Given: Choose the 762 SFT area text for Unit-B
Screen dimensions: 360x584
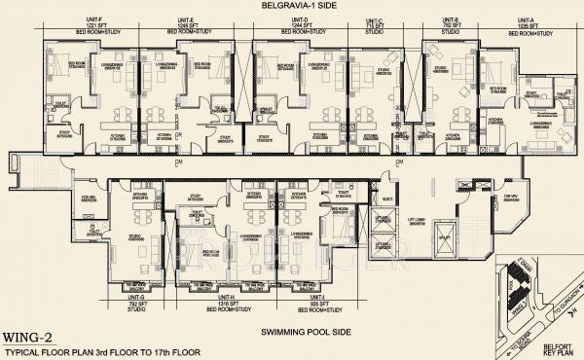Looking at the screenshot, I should [x=449, y=24].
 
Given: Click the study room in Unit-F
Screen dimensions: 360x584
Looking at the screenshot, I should [x=65, y=131].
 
